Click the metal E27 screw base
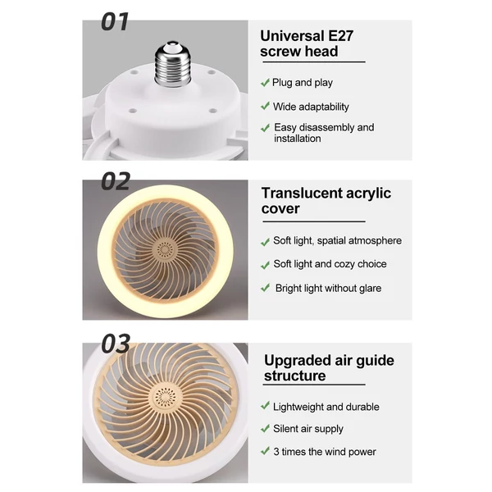[172, 64]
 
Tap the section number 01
[115, 21]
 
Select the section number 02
[115, 181]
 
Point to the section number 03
[116, 344]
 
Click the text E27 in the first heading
[340, 36]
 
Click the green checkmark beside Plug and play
[265, 83]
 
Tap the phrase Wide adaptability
[311, 107]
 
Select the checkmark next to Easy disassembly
[265, 128]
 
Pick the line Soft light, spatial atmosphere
[337, 240]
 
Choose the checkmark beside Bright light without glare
[265, 288]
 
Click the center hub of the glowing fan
[165, 250]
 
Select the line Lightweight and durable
[326, 407]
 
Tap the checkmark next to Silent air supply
[265, 428]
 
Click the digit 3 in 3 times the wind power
[276, 452]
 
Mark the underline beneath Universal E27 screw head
[314, 62]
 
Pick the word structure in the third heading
[294, 376]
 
